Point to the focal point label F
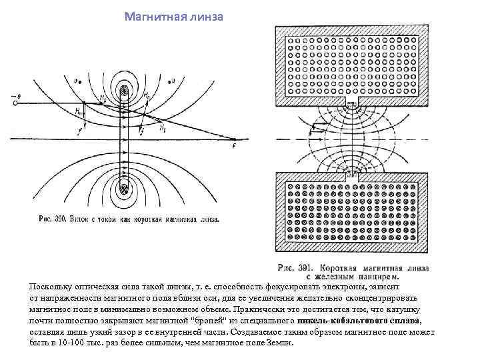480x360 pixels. click(233, 145)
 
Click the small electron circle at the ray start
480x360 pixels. click(15, 103)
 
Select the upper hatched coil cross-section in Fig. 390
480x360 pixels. click(124, 91)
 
